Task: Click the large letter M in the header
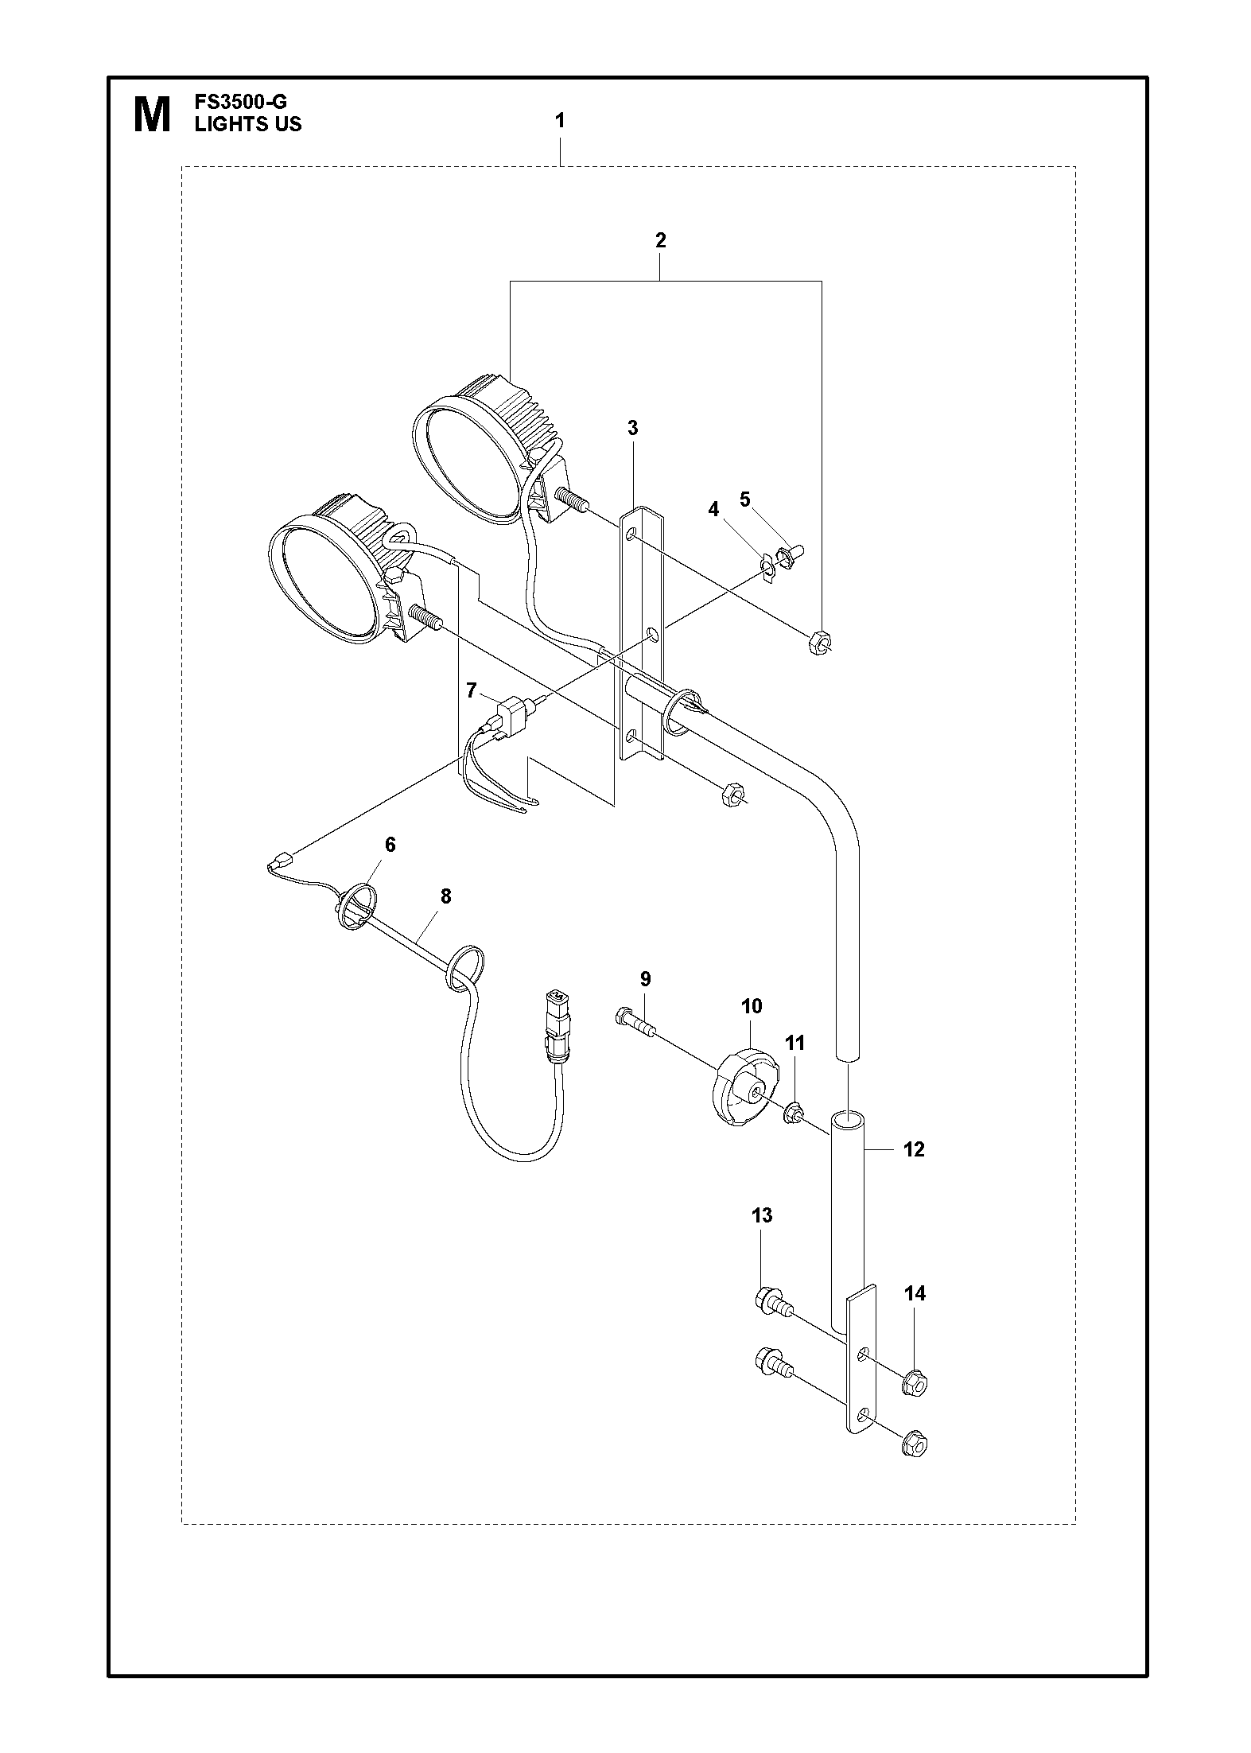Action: click(x=151, y=115)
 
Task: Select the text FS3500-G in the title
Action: click(x=240, y=103)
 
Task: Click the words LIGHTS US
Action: click(x=248, y=124)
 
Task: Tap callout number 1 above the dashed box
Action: click(x=560, y=121)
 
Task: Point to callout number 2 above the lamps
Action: click(x=660, y=240)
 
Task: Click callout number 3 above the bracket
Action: click(x=632, y=428)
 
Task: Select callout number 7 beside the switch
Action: click(x=472, y=690)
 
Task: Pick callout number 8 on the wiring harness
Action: click(x=445, y=896)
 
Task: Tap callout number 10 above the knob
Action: click(x=752, y=1006)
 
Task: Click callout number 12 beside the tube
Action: click(x=914, y=1149)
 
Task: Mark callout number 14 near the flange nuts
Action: click(x=915, y=1293)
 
